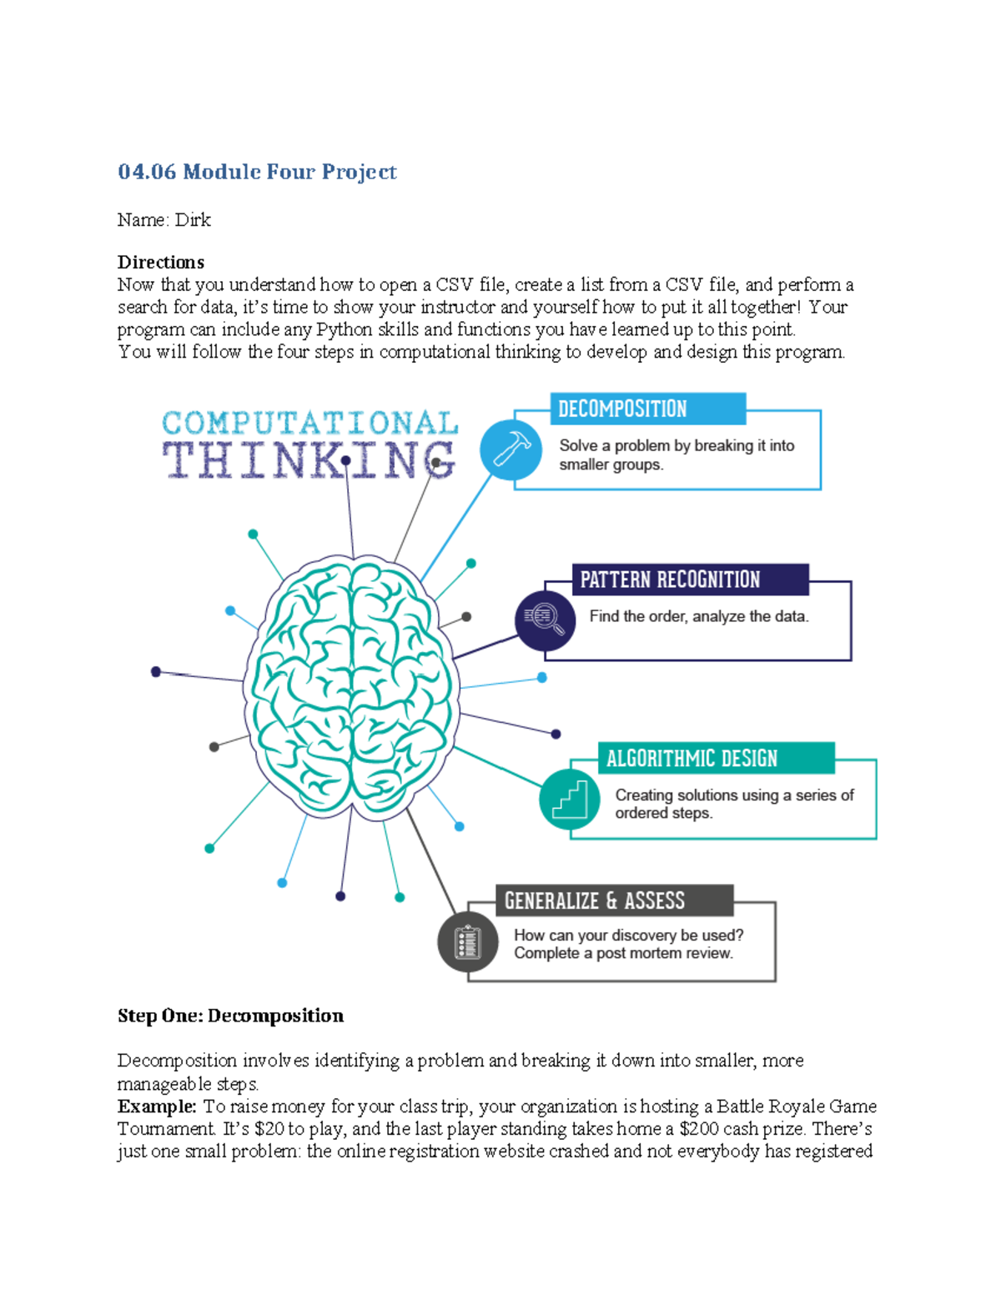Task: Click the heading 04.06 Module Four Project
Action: [x=257, y=172]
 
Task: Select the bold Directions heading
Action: [x=161, y=262]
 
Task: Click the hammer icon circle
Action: [x=511, y=449]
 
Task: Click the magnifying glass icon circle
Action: [x=545, y=620]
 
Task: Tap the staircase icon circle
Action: [x=570, y=799]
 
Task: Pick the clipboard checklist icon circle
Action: [x=468, y=942]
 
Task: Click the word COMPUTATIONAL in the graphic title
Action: [x=309, y=423]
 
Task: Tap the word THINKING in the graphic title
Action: [x=309, y=460]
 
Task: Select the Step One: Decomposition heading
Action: [x=230, y=1016]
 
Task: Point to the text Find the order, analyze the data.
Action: [x=699, y=617]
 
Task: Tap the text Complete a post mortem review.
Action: [x=623, y=953]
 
